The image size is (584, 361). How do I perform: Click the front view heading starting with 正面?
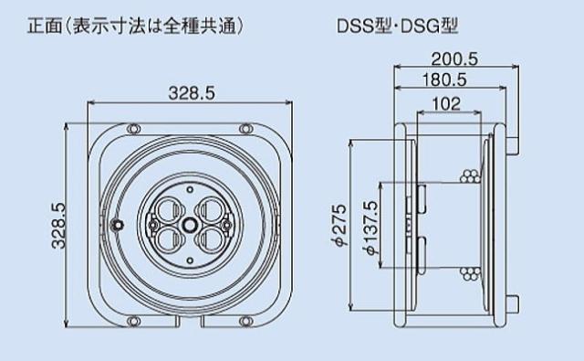click(x=136, y=27)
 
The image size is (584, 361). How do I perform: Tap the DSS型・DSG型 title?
click(x=397, y=27)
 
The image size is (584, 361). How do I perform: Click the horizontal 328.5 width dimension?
click(x=192, y=93)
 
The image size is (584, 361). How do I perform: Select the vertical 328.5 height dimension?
click(x=57, y=225)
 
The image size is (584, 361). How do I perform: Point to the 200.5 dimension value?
click(x=454, y=58)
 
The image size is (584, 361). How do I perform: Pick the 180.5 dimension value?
click(x=444, y=80)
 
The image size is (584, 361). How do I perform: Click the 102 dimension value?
click(x=446, y=103)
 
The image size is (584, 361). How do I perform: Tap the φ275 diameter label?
click(x=339, y=225)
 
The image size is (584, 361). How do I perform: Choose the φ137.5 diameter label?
click(x=370, y=228)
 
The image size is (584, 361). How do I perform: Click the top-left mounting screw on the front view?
click(x=133, y=129)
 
